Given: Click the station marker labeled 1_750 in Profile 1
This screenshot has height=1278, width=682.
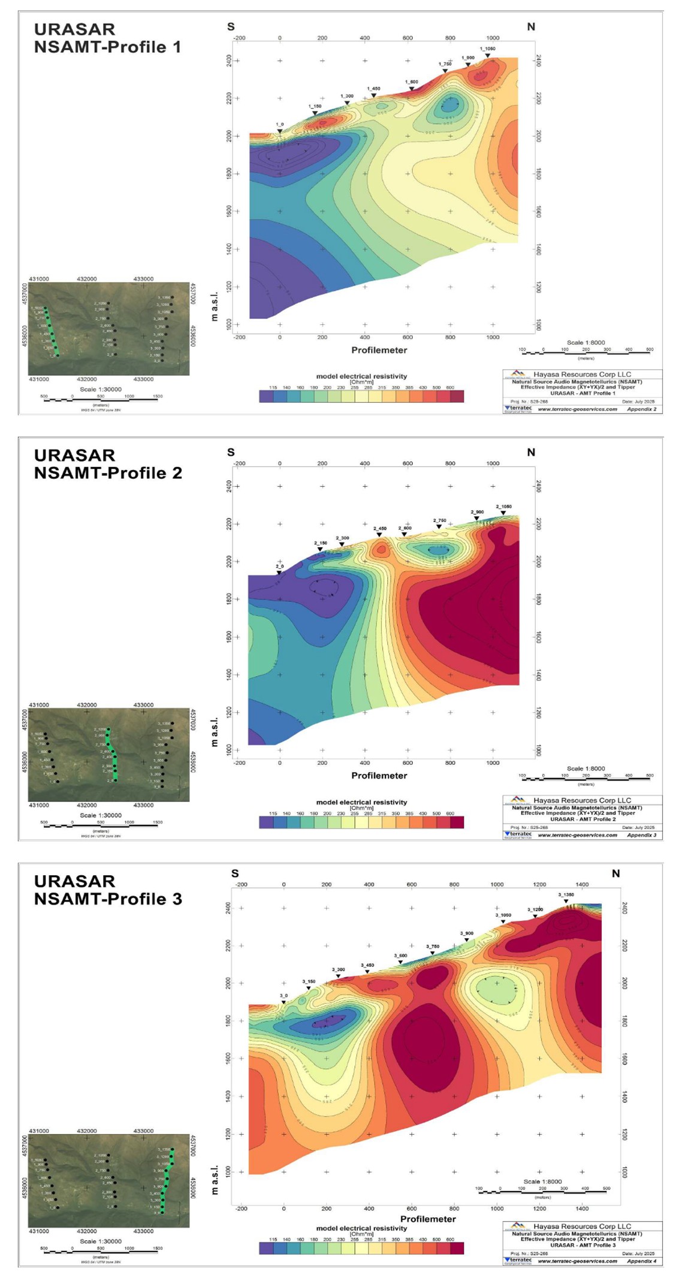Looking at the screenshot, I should tap(445, 71).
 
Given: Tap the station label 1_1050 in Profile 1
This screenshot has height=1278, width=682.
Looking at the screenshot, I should tap(487, 49).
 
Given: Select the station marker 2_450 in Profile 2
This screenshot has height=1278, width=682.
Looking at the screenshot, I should tap(379, 535).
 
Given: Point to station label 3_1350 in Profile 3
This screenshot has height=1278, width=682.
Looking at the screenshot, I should tap(566, 895).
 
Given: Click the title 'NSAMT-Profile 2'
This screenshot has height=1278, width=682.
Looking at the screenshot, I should tap(108, 473).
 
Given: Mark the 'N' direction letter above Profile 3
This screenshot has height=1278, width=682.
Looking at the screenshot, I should tap(615, 874).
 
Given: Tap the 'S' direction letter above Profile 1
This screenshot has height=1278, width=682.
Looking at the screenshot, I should tap(231, 27).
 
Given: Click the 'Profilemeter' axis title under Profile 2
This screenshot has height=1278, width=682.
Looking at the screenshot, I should tap(379, 776).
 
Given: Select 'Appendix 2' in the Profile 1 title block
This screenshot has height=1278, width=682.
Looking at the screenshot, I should tap(641, 409).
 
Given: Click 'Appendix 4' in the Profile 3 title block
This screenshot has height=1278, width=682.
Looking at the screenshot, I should tap(641, 1261).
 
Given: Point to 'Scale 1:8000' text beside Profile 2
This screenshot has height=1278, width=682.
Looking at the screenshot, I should tap(586, 768).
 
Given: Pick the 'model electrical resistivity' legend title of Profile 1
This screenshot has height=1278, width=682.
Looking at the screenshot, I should tap(361, 376).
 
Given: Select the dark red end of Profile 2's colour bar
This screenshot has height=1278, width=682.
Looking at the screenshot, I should tap(457, 822).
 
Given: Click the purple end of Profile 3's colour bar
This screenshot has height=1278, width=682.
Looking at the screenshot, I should tap(266, 1248).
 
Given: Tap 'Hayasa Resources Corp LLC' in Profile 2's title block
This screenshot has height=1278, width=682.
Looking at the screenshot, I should tap(582, 800).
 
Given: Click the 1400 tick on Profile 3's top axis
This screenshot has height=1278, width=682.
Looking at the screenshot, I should tap(582, 884).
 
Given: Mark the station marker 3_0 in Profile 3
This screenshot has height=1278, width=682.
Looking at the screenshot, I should tap(283, 1002).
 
